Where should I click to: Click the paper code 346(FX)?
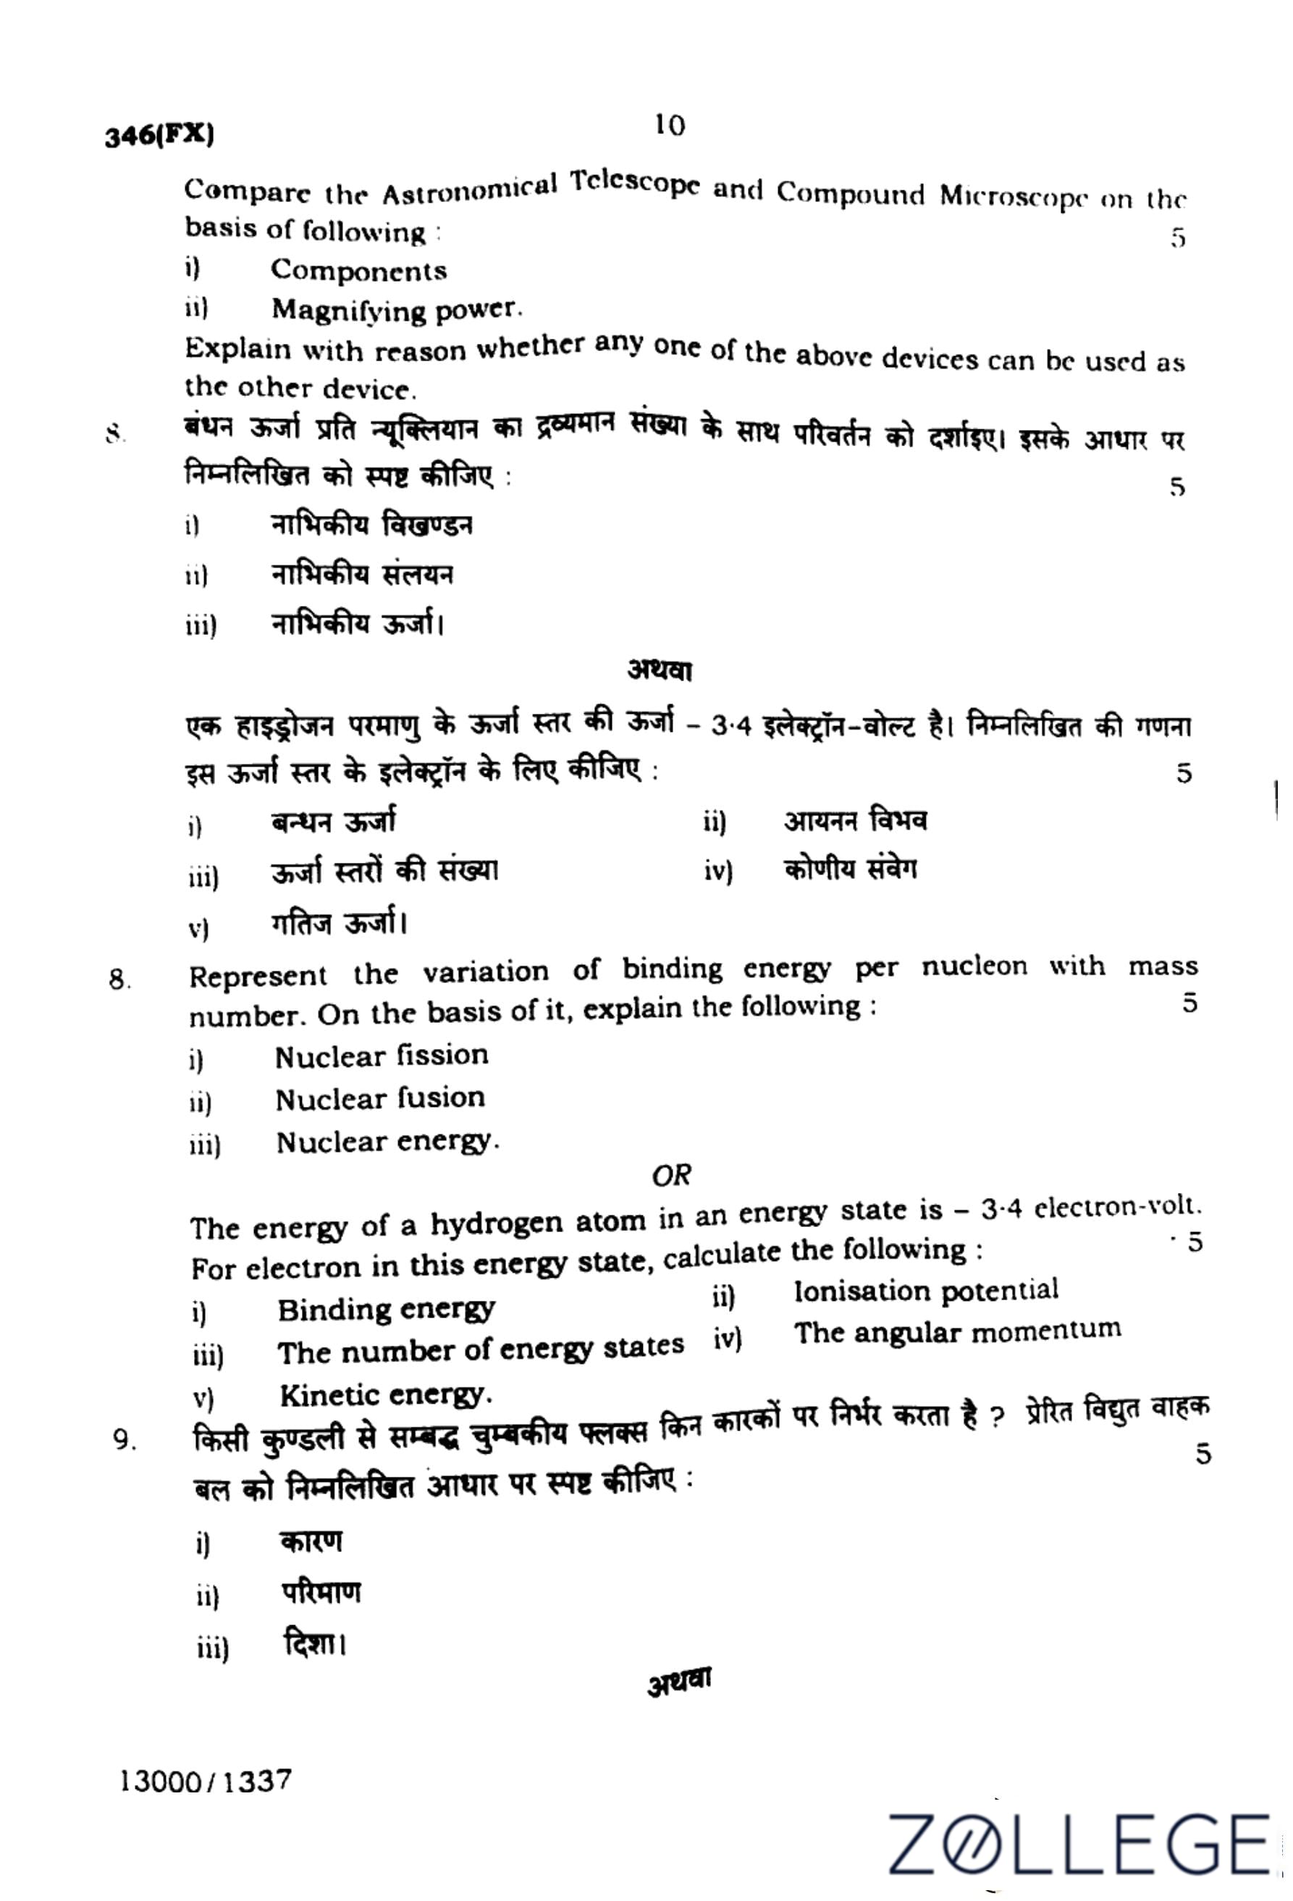[x=159, y=135]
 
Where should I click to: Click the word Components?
[x=358, y=271]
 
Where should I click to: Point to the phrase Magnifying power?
[x=396, y=310]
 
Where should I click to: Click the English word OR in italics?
[x=671, y=1176]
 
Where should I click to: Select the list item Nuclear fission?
[x=381, y=1056]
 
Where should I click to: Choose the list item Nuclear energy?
[x=387, y=1142]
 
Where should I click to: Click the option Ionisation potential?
[x=926, y=1291]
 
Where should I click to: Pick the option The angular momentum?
[x=957, y=1333]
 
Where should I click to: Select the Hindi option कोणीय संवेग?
[x=850, y=869]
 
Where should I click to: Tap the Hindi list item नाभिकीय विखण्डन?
[x=371, y=524]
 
